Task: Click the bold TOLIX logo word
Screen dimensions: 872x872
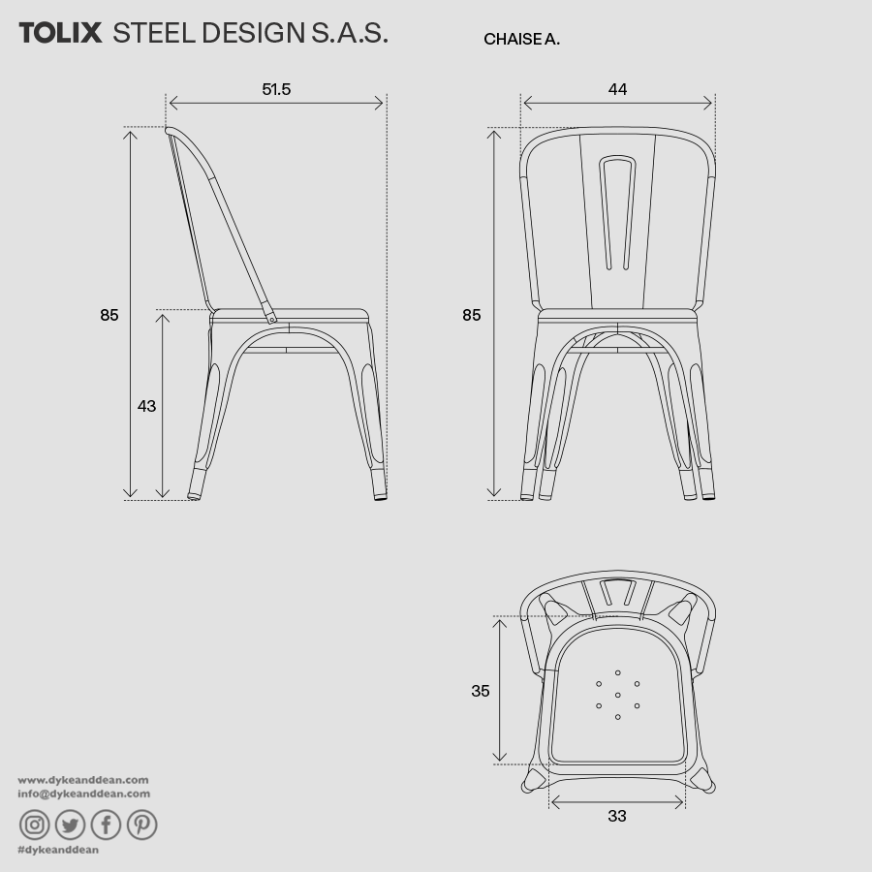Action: [x=60, y=33]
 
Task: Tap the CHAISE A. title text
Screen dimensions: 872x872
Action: [x=521, y=40]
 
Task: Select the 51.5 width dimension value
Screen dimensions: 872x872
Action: [x=276, y=90]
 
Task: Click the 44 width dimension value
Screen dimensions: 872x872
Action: [x=617, y=90]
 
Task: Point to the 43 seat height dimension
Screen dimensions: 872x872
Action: [x=146, y=406]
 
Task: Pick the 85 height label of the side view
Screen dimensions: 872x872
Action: [x=109, y=315]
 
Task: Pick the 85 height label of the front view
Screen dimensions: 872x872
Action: [x=471, y=315]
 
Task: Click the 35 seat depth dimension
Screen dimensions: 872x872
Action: [x=481, y=691]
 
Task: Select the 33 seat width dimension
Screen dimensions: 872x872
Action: [x=617, y=816]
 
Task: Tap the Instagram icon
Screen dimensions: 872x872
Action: [x=35, y=825]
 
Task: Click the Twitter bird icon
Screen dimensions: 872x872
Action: [x=71, y=825]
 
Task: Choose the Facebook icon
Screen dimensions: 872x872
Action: [x=106, y=825]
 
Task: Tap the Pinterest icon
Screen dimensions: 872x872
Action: [x=141, y=825]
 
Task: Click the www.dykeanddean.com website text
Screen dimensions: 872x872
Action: [x=83, y=780]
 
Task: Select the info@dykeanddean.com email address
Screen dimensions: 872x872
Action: [x=84, y=794]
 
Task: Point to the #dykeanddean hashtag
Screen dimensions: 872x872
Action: [x=58, y=850]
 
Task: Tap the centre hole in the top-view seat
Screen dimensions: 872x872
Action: [x=617, y=695]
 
